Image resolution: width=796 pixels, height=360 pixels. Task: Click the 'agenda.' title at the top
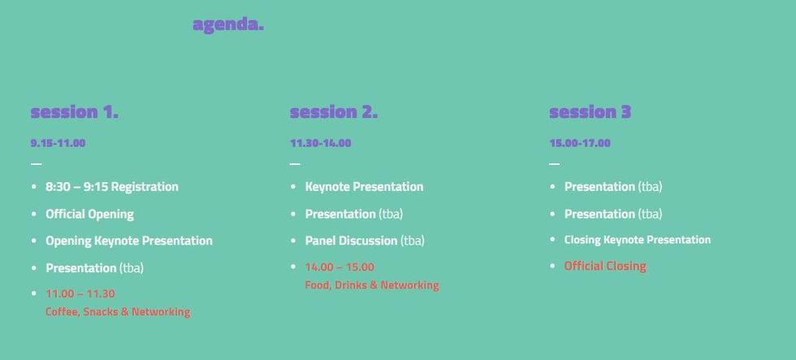click(x=228, y=24)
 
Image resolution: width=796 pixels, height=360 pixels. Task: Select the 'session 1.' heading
click(x=74, y=112)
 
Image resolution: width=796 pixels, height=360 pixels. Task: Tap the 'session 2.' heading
click(x=333, y=112)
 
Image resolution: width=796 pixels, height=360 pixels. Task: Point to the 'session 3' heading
click(x=590, y=112)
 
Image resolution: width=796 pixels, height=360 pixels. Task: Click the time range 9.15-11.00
click(x=58, y=143)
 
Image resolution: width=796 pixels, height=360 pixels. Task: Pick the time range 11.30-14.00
click(x=320, y=143)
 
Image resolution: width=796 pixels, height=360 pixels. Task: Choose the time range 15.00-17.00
click(x=579, y=143)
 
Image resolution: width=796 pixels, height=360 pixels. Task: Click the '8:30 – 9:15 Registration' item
click(x=111, y=187)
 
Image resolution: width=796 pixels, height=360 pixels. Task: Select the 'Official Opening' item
click(x=89, y=214)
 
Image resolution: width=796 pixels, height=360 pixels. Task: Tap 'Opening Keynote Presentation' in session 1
click(x=128, y=241)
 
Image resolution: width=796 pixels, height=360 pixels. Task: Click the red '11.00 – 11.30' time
click(x=80, y=293)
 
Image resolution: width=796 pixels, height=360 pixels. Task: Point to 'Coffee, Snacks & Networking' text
click(x=118, y=312)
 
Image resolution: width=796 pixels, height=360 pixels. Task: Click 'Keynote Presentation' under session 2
click(x=364, y=187)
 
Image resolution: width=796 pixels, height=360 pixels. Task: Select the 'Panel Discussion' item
click(x=351, y=241)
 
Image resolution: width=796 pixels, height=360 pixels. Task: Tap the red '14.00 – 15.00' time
click(x=340, y=267)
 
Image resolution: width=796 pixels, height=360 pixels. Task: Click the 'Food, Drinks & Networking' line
click(x=372, y=285)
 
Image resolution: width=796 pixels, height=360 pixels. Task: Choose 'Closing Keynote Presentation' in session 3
click(x=637, y=240)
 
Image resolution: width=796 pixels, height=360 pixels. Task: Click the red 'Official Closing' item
click(x=605, y=266)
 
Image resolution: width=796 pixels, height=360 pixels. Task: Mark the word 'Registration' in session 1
click(x=145, y=187)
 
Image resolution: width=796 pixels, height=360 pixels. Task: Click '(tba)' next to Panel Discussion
click(x=413, y=241)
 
